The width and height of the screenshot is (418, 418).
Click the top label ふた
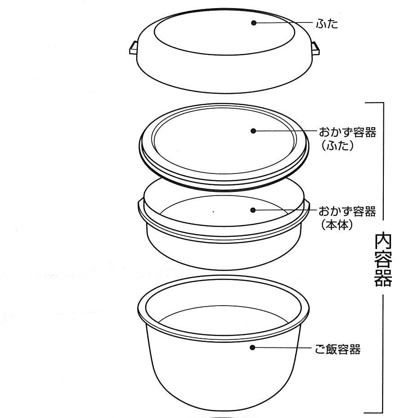point(327,24)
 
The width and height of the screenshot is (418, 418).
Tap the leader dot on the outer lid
point(254,23)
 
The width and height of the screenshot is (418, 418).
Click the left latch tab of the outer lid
point(133,48)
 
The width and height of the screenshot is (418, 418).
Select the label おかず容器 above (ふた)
point(347,132)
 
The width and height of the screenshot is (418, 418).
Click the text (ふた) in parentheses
point(337,145)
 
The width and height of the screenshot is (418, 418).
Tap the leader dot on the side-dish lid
point(253,131)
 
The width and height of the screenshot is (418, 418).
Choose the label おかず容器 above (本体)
point(347,211)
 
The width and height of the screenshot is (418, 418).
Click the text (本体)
point(337,225)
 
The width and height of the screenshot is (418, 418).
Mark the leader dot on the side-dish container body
point(253,210)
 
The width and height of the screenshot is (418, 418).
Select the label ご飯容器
point(338,349)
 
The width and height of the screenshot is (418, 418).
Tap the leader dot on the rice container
point(253,347)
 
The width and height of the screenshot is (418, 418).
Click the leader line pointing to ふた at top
point(284,22)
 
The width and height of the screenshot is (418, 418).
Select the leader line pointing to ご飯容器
point(282,347)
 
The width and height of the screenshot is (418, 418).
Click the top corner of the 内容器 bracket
point(383,103)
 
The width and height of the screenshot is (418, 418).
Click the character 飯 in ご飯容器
point(332,349)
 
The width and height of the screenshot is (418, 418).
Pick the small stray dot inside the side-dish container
point(213,212)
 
